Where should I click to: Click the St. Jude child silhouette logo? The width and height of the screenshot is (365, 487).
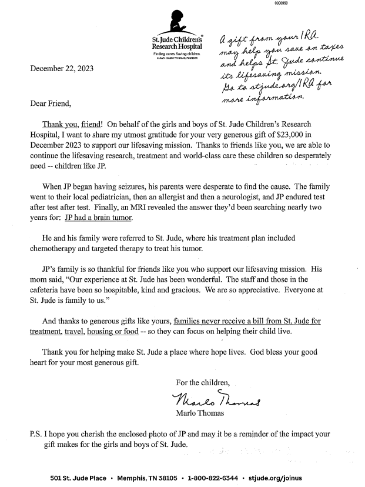coord(176,22)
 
